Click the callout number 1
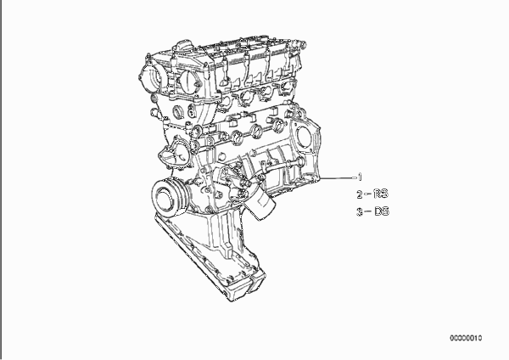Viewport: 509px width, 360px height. click(360, 177)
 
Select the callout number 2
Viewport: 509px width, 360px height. click(360, 194)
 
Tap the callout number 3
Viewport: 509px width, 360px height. click(360, 212)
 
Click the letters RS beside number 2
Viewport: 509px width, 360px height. click(381, 194)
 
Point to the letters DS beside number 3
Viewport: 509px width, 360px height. click(382, 211)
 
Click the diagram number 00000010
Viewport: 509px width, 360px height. click(466, 338)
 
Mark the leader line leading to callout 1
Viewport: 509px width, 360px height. click(338, 177)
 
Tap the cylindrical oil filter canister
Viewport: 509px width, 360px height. click(261, 204)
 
